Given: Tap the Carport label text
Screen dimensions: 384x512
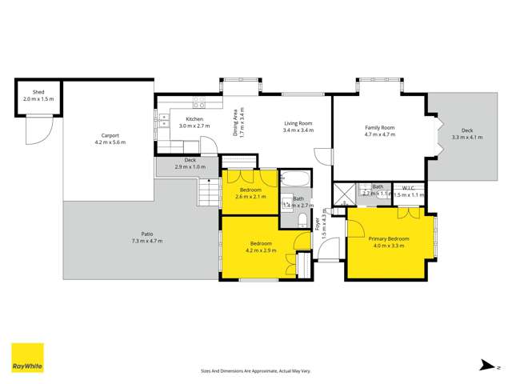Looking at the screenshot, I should coord(110,135).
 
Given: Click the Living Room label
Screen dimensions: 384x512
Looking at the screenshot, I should coord(298,123).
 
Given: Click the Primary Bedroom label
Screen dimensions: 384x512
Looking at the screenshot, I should coord(389,238).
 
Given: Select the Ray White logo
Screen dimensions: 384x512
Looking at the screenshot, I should coord(27,358).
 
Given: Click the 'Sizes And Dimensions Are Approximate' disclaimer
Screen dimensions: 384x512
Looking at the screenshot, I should coord(255,371).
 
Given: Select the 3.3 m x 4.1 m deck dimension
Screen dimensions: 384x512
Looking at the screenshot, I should coord(467,138).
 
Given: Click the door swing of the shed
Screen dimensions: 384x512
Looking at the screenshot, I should coord(36,130).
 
